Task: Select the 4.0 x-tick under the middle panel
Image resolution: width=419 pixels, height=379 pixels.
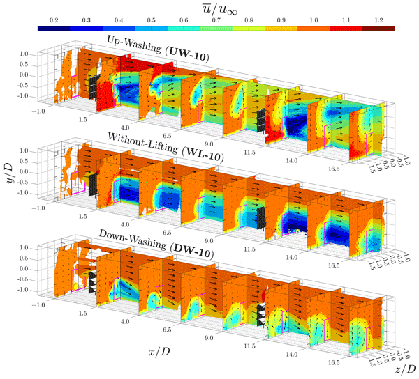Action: (124, 225)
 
